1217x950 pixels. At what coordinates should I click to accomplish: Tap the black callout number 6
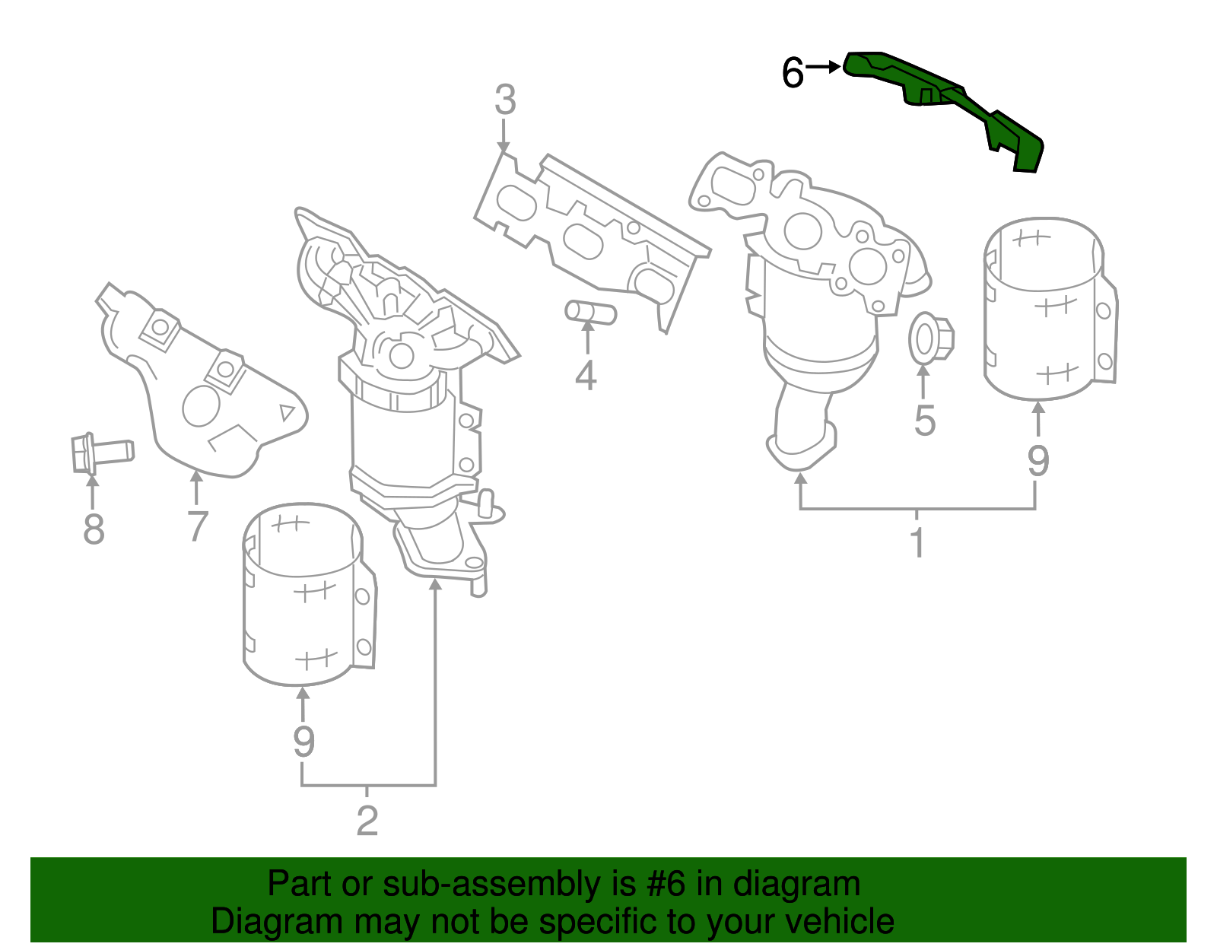tap(793, 74)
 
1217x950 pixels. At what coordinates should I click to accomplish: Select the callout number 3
tap(505, 100)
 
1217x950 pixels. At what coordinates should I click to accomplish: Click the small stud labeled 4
tap(590, 312)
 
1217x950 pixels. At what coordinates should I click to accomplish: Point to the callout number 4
tap(586, 375)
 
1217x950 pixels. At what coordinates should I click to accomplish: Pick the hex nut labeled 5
tap(929, 339)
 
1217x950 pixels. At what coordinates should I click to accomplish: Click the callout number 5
tap(924, 421)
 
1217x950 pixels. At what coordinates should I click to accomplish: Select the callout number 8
tap(94, 529)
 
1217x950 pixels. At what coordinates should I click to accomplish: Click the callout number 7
tap(197, 526)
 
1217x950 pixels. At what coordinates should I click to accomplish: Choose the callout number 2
tap(367, 821)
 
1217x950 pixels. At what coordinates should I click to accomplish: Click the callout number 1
tap(917, 542)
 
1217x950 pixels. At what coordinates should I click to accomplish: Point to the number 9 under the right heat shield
tap(1038, 460)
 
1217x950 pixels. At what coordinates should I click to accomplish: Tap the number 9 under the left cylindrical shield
tap(303, 741)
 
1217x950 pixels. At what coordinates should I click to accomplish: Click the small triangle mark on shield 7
tap(288, 412)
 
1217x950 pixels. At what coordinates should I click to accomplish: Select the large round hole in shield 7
tap(202, 405)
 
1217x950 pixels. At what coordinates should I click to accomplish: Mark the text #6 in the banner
tap(666, 885)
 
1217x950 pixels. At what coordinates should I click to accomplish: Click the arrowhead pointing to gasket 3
tap(504, 147)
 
